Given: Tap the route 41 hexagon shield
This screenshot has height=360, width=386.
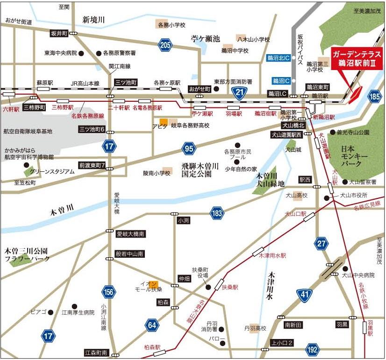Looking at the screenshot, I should tap(304, 295).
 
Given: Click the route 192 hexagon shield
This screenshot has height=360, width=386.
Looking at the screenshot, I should tap(313, 349).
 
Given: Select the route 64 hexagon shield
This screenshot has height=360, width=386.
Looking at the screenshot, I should tap(152, 325).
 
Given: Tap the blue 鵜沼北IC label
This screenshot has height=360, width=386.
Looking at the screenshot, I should tap(279, 58).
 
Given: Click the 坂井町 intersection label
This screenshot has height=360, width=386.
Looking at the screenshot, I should tap(60, 33).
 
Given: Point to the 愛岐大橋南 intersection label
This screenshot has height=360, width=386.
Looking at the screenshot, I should tap(130, 234).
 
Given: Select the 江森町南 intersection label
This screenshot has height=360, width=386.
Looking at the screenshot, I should tap(96, 353).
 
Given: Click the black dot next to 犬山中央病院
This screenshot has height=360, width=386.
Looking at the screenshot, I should tap(345, 268).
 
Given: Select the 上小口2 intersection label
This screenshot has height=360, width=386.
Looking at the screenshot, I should tap(282, 344).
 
